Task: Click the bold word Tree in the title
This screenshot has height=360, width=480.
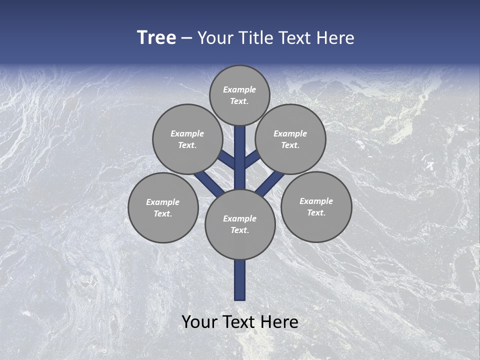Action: [x=156, y=38]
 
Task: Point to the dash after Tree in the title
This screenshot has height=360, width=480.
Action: [x=186, y=38]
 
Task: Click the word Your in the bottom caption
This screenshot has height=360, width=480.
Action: [x=199, y=322]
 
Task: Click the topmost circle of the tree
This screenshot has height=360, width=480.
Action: [x=239, y=95]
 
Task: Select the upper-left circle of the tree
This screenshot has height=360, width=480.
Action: [x=187, y=139]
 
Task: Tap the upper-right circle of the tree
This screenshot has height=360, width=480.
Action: [x=290, y=139]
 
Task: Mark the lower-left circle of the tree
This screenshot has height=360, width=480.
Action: [x=163, y=207]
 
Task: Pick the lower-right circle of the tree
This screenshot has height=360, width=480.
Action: [x=316, y=207]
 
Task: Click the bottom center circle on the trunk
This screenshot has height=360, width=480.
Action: [x=240, y=224]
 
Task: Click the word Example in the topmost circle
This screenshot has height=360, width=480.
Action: [x=239, y=90]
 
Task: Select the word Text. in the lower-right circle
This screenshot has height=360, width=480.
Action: [x=316, y=212]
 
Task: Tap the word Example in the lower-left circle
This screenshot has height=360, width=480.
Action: [x=163, y=202]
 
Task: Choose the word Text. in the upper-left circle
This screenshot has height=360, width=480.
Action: [x=187, y=145]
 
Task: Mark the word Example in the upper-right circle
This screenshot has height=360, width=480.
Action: [x=290, y=133]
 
